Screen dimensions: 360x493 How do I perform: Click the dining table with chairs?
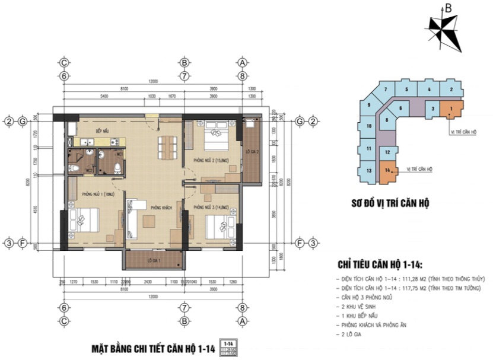tap(167, 146)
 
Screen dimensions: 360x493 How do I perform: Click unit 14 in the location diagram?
tap(387, 171)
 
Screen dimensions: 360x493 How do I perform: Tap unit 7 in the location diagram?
tap(386, 90)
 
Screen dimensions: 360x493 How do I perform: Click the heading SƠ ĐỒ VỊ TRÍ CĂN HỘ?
tap(390, 203)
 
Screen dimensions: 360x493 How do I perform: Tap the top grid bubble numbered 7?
tap(185, 76)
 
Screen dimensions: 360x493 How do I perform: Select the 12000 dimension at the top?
tap(154, 81)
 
